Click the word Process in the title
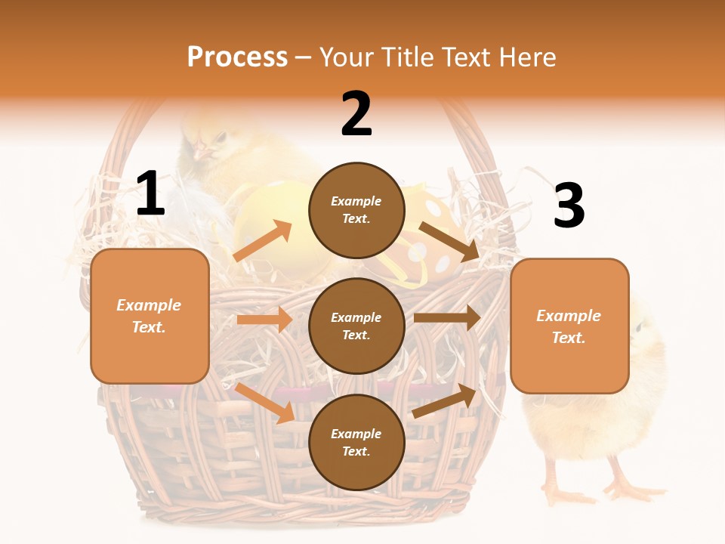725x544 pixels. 237,57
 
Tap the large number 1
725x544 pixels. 150,194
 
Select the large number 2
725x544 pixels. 356,114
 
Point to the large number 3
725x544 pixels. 569,206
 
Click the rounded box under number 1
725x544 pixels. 150,316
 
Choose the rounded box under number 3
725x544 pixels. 569,326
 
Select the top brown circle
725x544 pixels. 356,210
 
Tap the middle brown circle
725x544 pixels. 356,326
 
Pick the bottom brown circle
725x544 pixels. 356,442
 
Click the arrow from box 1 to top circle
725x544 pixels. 263,241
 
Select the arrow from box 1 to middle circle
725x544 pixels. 264,320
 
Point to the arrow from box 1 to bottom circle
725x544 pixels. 265,403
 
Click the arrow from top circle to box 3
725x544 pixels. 450,241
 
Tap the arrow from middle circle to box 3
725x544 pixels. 447,317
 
